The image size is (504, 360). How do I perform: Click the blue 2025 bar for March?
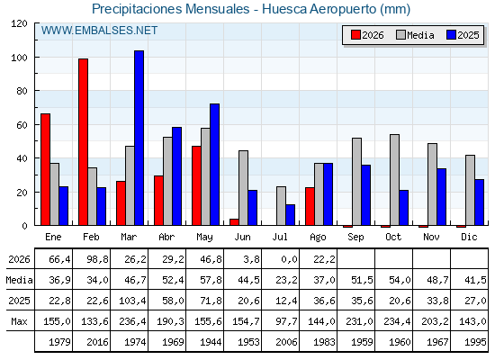[139, 138]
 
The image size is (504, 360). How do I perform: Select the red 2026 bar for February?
[83, 142]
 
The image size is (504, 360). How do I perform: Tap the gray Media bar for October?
[394, 180]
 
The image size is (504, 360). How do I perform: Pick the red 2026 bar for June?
[234, 222]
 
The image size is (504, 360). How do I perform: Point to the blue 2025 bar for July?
[290, 215]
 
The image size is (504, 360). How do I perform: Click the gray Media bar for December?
[470, 190]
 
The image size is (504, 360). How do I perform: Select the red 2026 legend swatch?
[355, 35]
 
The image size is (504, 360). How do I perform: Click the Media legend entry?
[415, 35]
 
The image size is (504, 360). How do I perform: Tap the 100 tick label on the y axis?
[19, 58]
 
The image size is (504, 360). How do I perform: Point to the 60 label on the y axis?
[22, 125]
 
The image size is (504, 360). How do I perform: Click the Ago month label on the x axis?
[318, 238]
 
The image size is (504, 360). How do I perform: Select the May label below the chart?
[204, 238]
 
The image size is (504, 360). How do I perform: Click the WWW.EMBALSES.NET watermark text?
[99, 31]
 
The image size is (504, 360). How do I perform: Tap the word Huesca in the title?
[284, 9]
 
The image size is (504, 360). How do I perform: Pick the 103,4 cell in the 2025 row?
[132, 301]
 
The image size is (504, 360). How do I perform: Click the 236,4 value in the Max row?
[132, 321]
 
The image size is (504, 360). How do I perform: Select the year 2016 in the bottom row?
[97, 342]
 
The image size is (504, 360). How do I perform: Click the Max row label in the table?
[19, 321]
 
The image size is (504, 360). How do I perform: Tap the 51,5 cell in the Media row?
[362, 280]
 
